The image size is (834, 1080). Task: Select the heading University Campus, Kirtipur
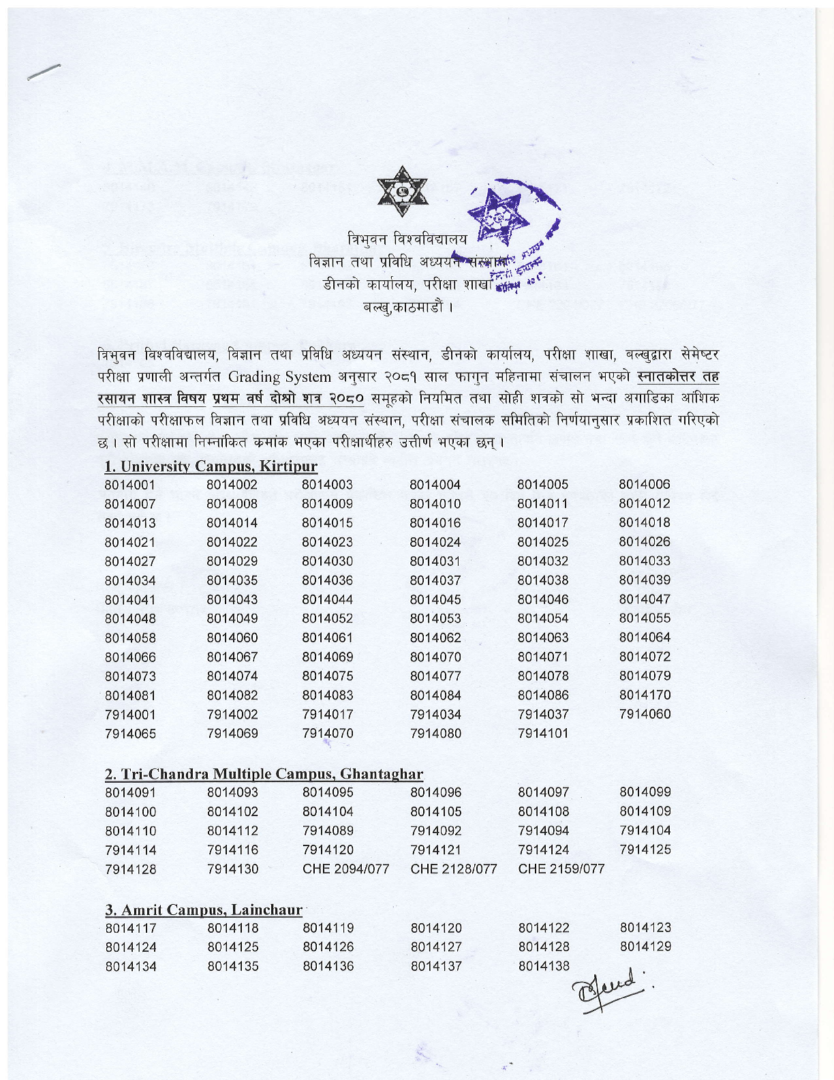(x=211, y=466)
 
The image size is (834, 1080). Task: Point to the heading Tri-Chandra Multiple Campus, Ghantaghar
(x=264, y=774)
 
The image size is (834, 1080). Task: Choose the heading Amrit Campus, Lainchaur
(x=203, y=910)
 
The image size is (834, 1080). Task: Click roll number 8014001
(x=130, y=485)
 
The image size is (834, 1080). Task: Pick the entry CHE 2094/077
(x=345, y=869)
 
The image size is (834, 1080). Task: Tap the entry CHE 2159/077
(x=561, y=869)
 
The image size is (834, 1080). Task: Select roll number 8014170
(x=645, y=695)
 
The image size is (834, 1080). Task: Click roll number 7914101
(x=543, y=734)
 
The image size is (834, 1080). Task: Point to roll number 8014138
(x=544, y=966)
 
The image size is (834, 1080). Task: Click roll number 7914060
(x=645, y=715)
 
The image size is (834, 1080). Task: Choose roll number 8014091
(x=130, y=793)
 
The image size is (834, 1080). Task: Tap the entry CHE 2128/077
(x=453, y=869)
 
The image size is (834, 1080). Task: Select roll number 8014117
(x=130, y=929)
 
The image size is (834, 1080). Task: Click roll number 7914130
(x=232, y=869)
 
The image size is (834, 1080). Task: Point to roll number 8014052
(x=327, y=619)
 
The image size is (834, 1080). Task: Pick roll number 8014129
(x=645, y=947)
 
